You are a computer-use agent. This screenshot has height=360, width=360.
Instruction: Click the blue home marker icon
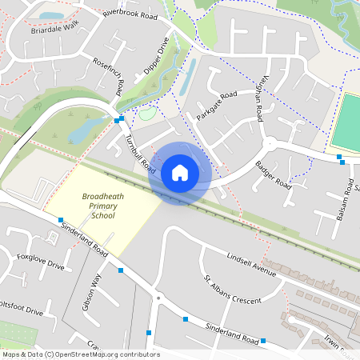(180, 173)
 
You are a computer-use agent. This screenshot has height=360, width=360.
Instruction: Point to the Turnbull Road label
(140, 154)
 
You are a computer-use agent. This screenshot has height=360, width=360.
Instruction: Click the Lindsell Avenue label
(250, 266)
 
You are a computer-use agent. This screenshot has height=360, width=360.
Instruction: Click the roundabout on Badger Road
(270, 143)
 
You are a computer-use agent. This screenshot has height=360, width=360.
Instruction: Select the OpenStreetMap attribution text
(81, 354)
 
